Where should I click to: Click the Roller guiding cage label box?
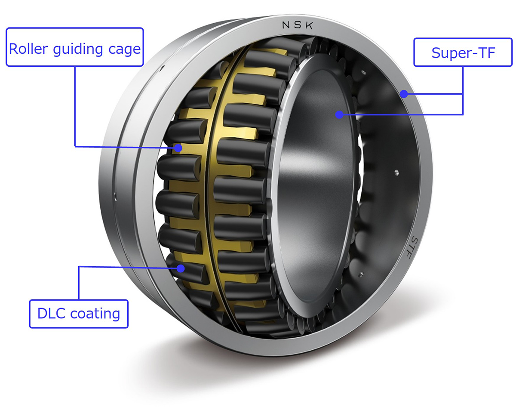(x=74, y=47)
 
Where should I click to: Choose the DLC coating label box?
(x=79, y=314)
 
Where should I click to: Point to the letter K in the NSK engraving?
(x=309, y=27)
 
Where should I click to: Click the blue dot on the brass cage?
(x=178, y=148)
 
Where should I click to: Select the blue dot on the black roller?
(x=181, y=268)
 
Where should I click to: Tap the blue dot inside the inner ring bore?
(x=339, y=114)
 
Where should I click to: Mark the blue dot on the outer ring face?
(x=404, y=93)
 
